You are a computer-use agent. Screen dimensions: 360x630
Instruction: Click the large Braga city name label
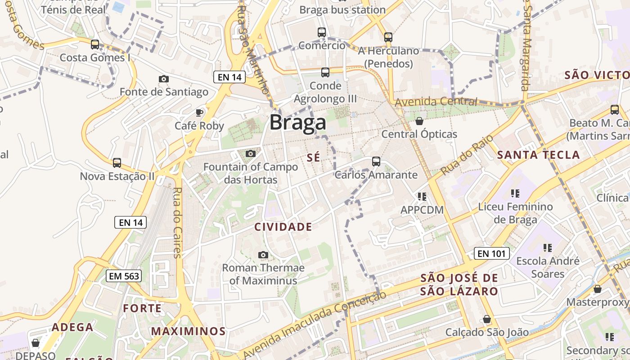click(x=297, y=122)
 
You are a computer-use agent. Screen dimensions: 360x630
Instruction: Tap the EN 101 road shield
click(x=492, y=253)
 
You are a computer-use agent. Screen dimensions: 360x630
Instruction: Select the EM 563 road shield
click(x=124, y=276)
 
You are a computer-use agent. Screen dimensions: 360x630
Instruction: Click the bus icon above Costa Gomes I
click(x=94, y=44)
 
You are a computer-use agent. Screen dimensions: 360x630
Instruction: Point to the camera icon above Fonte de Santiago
click(x=164, y=79)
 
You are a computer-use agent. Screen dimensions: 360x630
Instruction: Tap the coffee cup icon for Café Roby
click(x=199, y=112)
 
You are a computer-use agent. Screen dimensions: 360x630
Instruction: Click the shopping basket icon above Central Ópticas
click(x=419, y=121)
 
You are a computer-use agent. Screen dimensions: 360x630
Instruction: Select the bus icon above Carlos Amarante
click(x=376, y=161)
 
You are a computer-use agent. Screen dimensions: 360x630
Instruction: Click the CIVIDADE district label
click(x=283, y=227)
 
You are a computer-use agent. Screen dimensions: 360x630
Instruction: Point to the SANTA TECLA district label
click(x=538, y=155)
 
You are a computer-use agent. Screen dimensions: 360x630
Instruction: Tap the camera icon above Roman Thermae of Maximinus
click(x=263, y=255)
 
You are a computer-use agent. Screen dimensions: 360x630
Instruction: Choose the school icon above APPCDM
click(x=422, y=196)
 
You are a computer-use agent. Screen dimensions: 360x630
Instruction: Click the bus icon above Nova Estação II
click(x=117, y=162)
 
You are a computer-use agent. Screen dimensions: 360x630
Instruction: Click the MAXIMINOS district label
click(x=188, y=332)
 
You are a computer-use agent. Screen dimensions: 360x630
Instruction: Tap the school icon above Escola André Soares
click(x=547, y=247)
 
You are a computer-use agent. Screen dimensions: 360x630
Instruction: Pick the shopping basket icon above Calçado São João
click(x=487, y=319)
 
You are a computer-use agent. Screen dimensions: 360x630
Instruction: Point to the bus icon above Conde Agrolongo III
click(x=325, y=72)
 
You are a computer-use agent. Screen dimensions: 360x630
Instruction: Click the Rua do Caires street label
click(x=177, y=222)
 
